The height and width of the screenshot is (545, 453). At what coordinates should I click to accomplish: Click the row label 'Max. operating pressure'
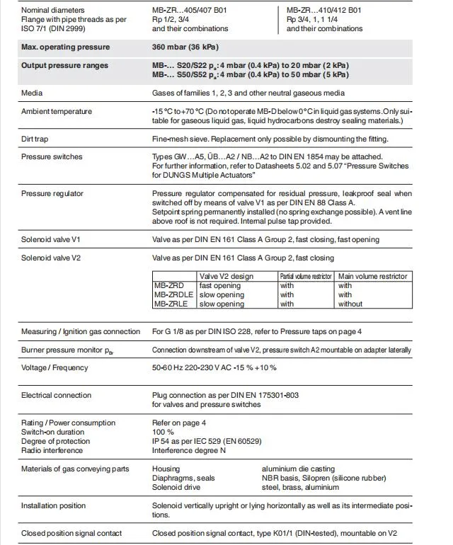[x=65, y=47]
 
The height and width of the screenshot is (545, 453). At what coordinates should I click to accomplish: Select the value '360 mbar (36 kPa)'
[x=188, y=47]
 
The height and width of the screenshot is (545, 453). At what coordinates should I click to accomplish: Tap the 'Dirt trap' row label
[x=38, y=139]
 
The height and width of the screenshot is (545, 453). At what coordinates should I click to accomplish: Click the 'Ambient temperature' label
[x=56, y=112]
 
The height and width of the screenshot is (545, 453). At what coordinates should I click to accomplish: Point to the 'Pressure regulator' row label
[x=52, y=193]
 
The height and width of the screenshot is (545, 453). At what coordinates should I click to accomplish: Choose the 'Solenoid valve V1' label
[x=51, y=241]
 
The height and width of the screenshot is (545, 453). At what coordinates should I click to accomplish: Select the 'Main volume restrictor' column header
[x=372, y=277]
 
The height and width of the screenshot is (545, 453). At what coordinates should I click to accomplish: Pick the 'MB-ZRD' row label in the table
[x=168, y=286]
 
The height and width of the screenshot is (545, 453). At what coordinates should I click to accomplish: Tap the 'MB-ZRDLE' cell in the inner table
[x=173, y=295]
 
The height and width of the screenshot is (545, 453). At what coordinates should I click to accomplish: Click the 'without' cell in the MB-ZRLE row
[x=350, y=304]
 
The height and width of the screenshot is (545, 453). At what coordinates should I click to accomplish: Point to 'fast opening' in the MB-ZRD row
[x=220, y=286]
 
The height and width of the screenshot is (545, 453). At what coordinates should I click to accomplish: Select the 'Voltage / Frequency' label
[x=56, y=368]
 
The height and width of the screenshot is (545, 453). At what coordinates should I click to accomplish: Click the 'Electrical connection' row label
[x=56, y=396]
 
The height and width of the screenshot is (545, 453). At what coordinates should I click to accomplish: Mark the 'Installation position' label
[x=53, y=506]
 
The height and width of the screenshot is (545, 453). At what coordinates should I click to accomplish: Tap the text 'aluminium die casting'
[x=299, y=469]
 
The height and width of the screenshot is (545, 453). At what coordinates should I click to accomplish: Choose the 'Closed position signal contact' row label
[x=71, y=534]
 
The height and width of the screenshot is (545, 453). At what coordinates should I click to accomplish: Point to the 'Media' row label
[x=32, y=93]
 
